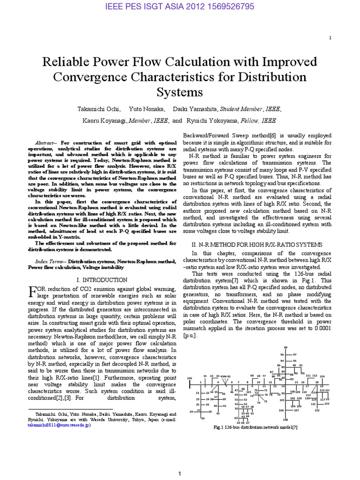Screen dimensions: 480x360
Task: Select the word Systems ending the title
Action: tap(180, 91)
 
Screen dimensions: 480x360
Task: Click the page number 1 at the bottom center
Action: tap(180, 474)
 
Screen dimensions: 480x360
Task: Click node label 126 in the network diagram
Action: tap(189, 378)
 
